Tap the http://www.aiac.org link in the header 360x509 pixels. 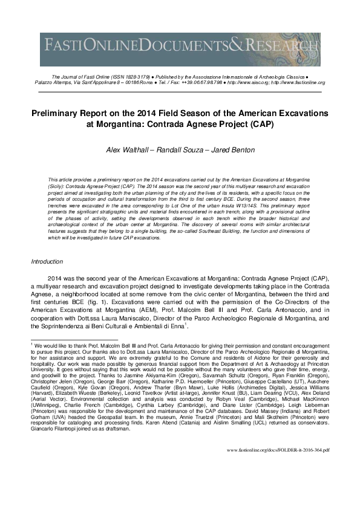(248, 83)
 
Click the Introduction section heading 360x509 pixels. (47, 261)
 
